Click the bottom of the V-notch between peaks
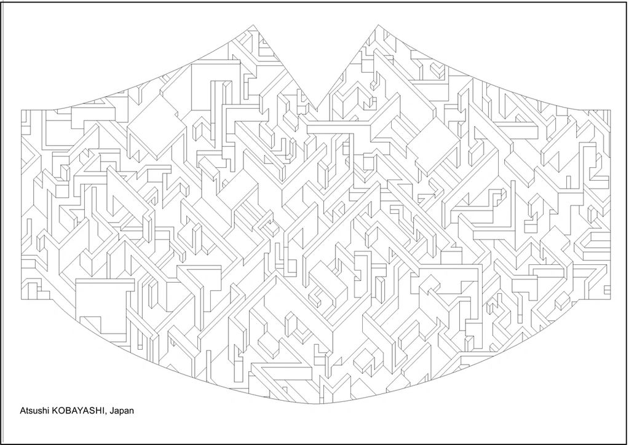(x=317, y=116)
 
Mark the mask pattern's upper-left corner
(x=22, y=110)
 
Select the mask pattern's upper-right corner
(x=610, y=110)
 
